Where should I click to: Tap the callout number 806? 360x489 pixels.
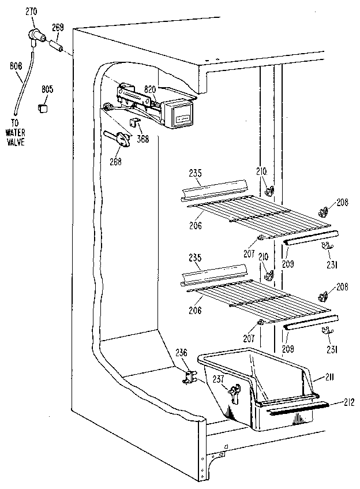[x=16, y=66]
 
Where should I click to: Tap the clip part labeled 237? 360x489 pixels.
[x=233, y=393]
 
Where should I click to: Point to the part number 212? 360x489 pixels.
[x=346, y=401]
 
